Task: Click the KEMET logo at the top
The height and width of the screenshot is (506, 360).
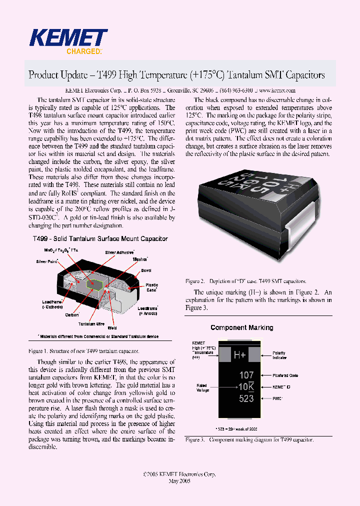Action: [x=68, y=38]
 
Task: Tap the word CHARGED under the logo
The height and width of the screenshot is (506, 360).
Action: [x=84, y=51]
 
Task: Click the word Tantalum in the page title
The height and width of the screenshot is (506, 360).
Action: [x=242, y=75]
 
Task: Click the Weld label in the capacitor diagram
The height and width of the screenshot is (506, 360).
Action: [x=112, y=328]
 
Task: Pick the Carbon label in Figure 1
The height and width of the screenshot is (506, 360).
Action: [x=72, y=315]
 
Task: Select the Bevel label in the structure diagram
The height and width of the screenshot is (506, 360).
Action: [x=146, y=270]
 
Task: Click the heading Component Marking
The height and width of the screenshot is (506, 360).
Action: [x=242, y=327]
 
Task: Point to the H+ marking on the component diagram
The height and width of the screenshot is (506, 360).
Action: [x=240, y=355]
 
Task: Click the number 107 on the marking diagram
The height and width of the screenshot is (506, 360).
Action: [x=246, y=375]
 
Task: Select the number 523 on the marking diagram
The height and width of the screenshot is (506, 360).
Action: [x=246, y=398]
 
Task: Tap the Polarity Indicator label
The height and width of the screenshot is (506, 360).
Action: [x=279, y=355]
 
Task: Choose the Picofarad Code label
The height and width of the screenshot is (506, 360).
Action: [x=285, y=375]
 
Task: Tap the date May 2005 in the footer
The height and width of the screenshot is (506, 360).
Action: [x=179, y=480]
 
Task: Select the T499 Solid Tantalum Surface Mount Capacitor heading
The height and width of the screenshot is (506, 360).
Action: [x=100, y=239]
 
